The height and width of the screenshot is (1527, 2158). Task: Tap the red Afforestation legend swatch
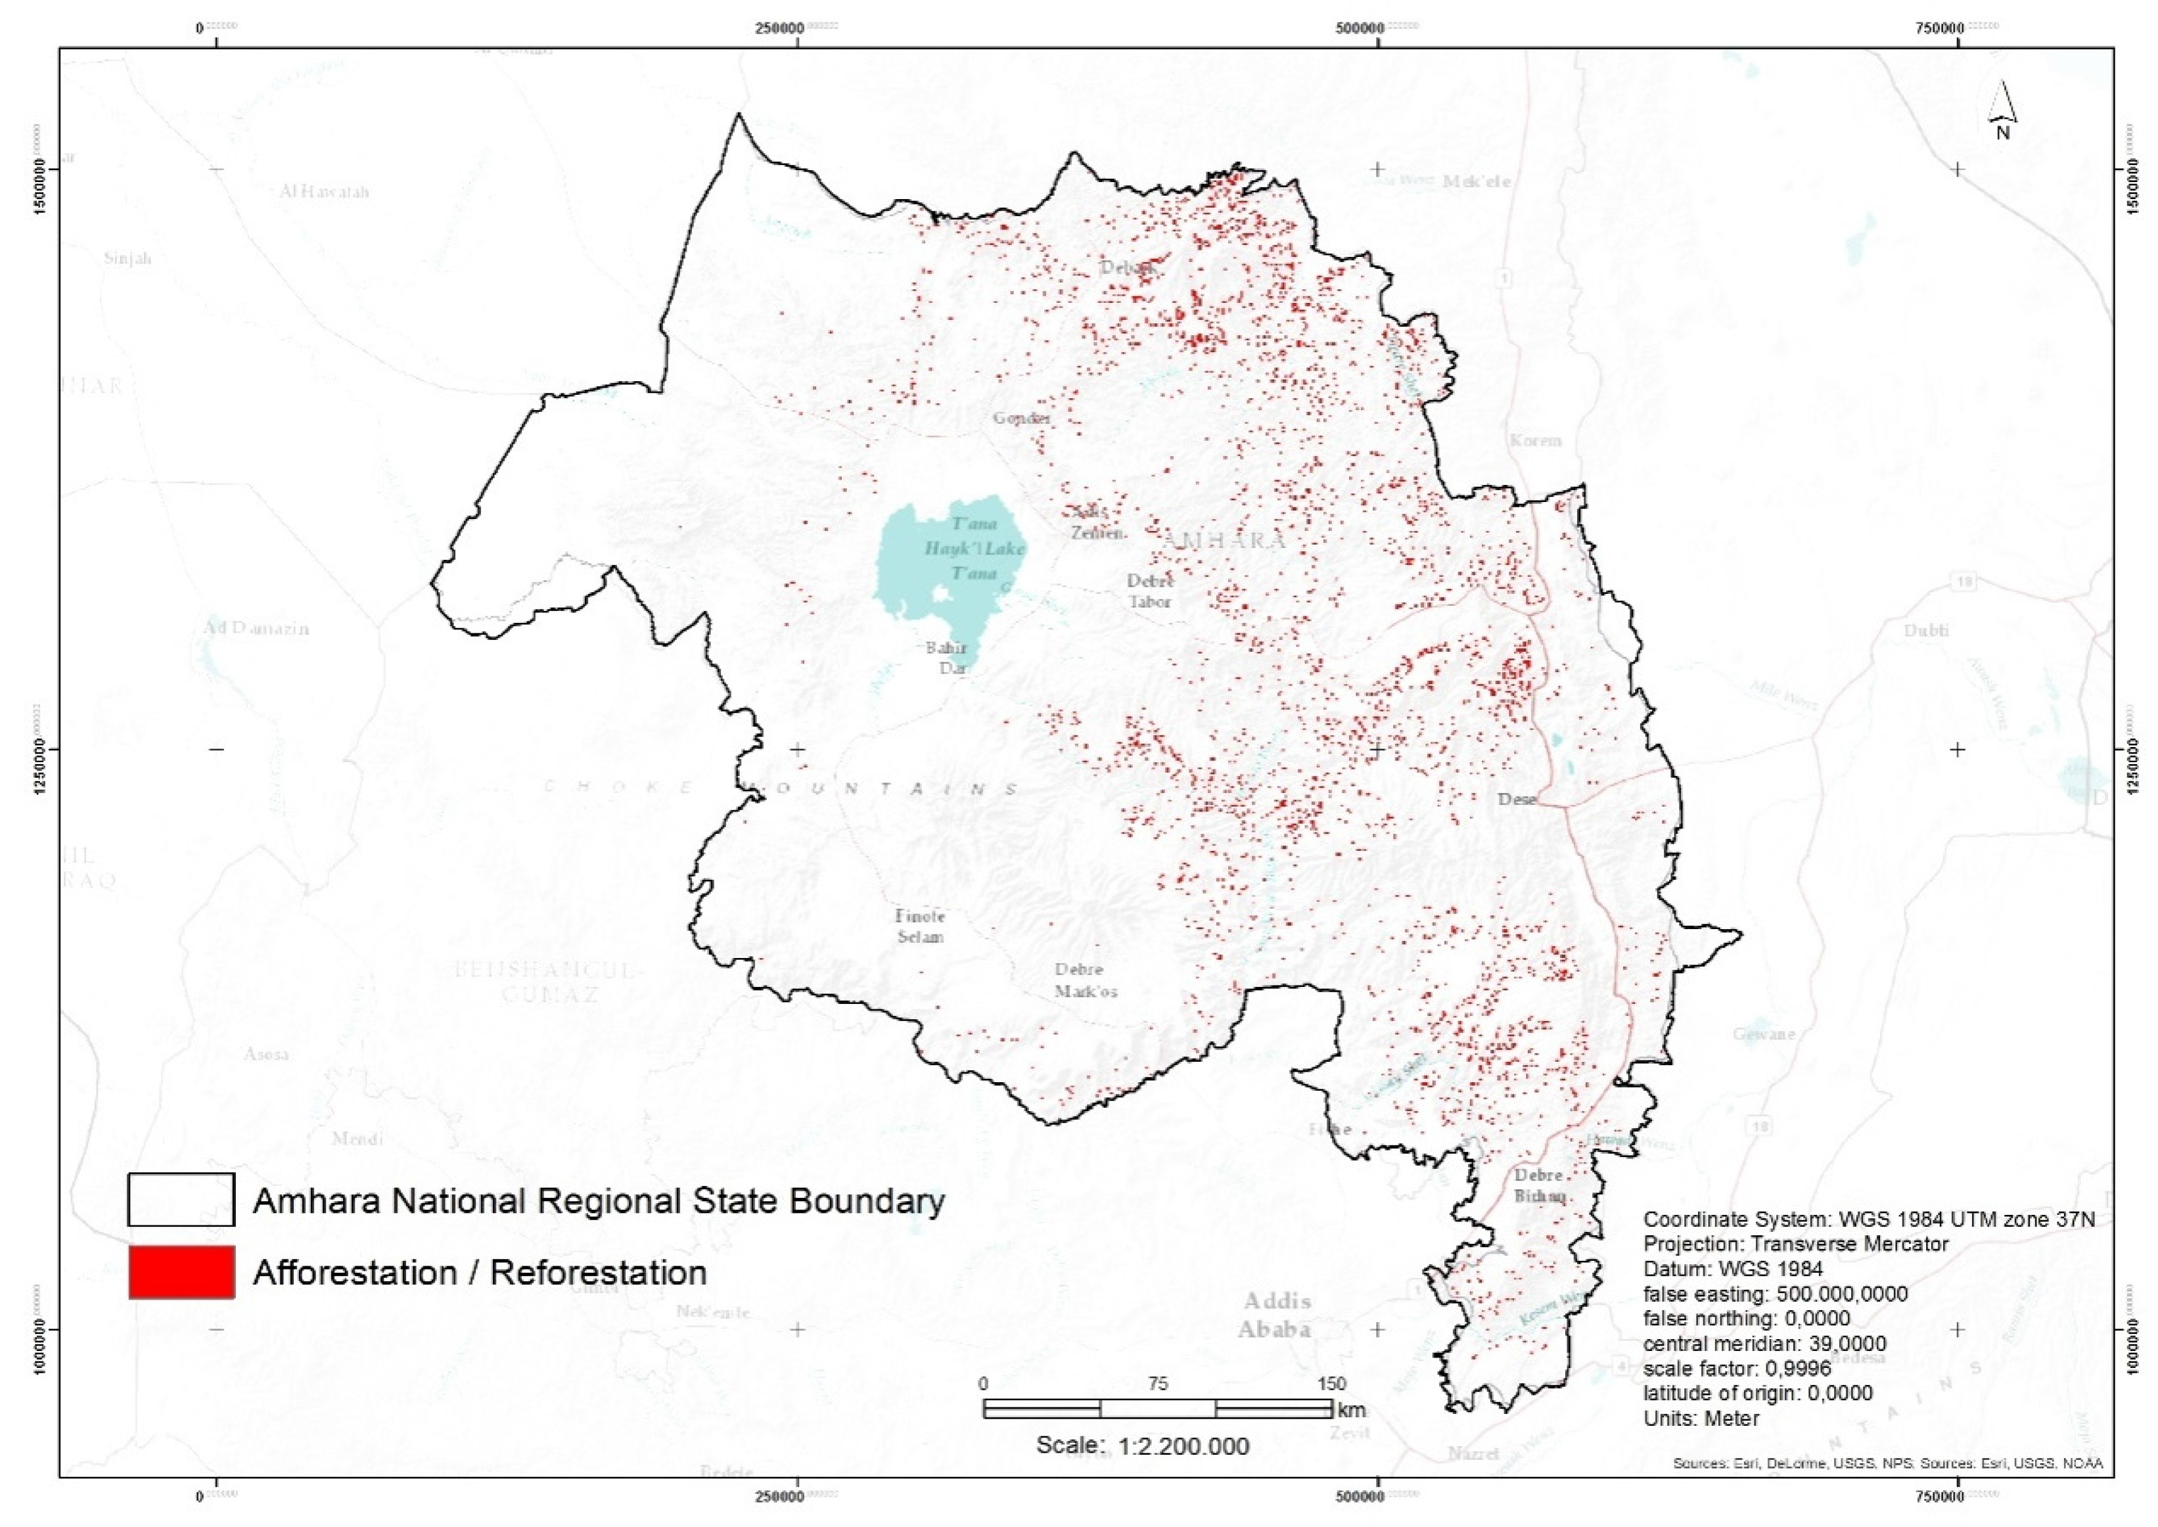pos(181,1272)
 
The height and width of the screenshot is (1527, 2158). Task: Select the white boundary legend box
pos(181,1200)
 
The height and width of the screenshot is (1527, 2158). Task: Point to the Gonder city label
pos(1021,417)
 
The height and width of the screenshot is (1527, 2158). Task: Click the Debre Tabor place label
pos(1150,591)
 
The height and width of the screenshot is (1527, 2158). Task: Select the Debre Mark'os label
pos(1085,980)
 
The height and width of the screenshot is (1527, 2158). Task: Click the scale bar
pos(1157,1409)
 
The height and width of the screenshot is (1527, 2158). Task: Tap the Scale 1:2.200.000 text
pos(1143,1446)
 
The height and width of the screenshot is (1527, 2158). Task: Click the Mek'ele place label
pos(1477,181)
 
